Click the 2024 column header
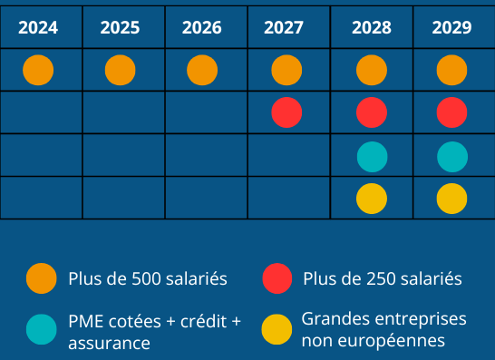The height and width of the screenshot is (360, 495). point(38,27)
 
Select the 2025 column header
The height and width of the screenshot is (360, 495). point(120,27)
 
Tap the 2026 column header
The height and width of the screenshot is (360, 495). point(201,27)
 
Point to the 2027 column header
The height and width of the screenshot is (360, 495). point(284,27)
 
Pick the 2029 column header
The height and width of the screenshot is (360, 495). point(451,27)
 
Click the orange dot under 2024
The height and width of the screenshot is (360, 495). point(38,70)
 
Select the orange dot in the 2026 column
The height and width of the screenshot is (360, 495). point(202,70)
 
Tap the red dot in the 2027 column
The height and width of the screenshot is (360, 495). point(286,112)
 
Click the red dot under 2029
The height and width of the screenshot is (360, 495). point(451,112)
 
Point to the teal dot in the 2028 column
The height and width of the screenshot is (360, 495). point(372,157)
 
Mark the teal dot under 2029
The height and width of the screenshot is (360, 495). point(451,157)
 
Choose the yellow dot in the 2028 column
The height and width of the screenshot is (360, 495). point(372,199)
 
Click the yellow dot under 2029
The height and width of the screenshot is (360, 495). point(451,199)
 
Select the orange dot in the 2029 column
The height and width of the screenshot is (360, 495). point(451,70)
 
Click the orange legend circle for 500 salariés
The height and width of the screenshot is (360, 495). point(42,278)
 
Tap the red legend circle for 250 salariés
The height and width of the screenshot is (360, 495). point(277,278)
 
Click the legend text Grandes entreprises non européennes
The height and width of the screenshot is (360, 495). point(383,330)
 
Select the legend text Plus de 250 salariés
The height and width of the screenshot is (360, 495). point(383,278)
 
